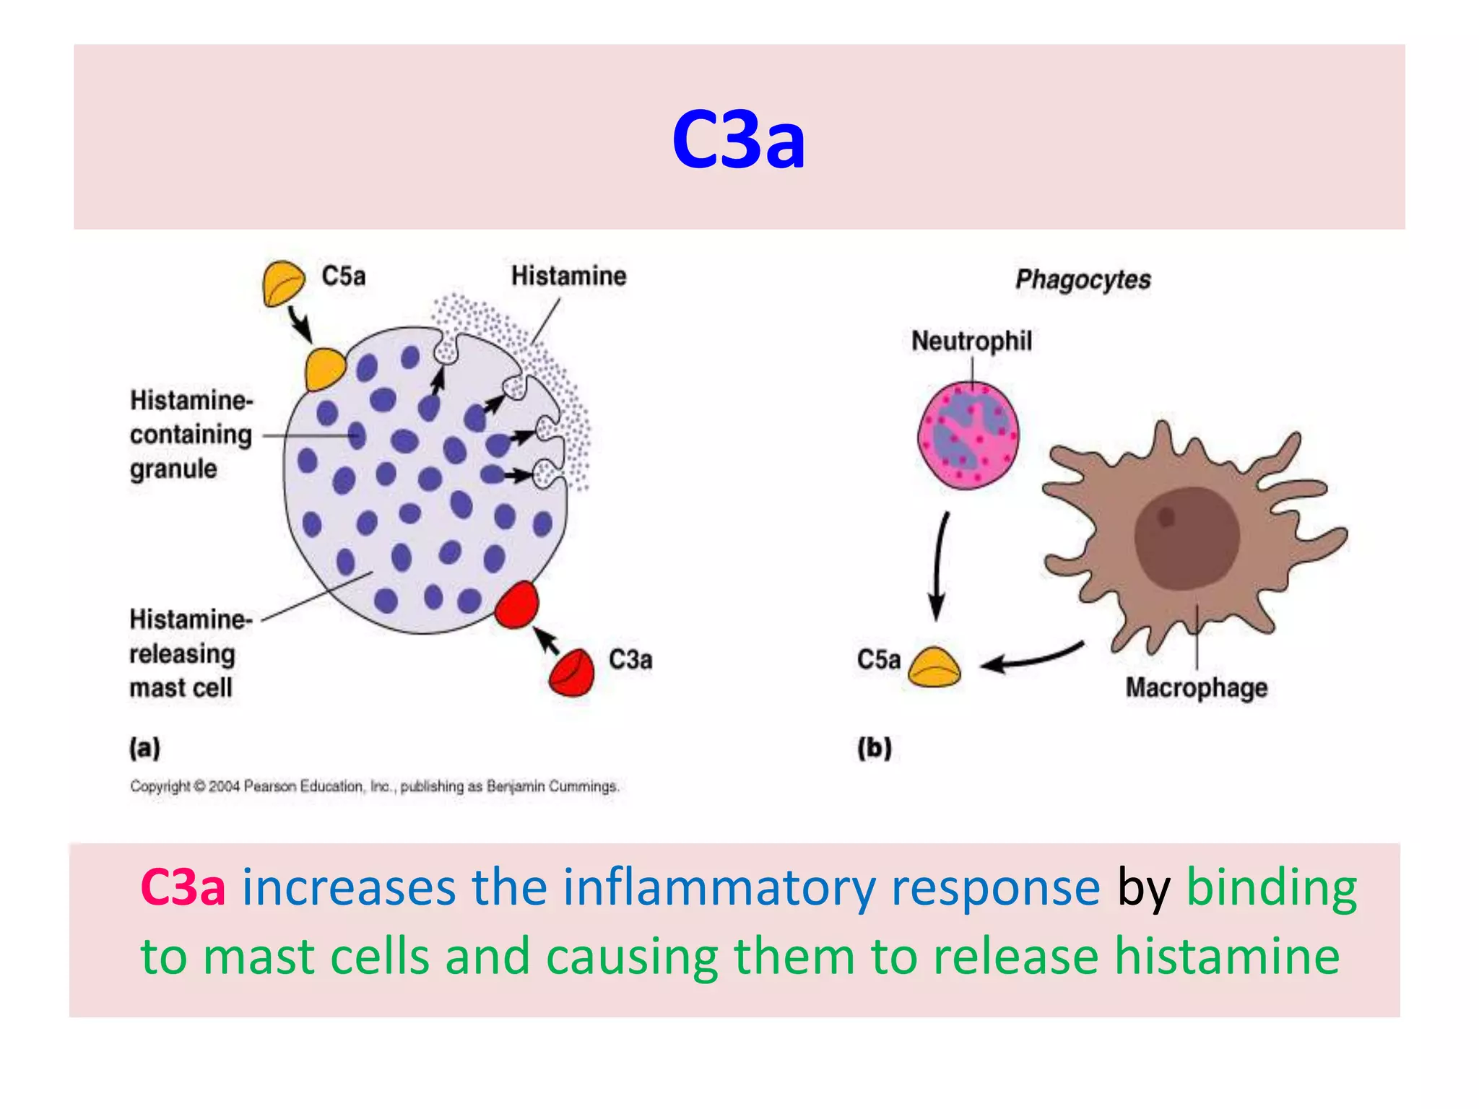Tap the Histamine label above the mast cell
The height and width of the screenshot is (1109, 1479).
coord(568,276)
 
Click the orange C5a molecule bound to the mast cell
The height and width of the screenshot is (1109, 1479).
coord(324,369)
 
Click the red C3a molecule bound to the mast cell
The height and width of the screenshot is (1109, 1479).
coord(518,605)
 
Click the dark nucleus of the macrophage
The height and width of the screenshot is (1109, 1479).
coord(1187,538)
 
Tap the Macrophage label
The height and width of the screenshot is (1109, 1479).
coord(1196,687)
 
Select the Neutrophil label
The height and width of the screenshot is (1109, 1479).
coord(971,341)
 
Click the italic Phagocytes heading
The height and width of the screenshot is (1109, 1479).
coord(1083,279)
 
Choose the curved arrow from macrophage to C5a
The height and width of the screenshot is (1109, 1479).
coord(1033,656)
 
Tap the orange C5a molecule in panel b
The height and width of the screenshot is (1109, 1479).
coord(934,667)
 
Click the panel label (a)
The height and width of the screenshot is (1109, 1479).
coord(144,747)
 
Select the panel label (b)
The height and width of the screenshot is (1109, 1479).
coord(875,747)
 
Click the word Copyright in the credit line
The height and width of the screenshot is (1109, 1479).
coord(160,786)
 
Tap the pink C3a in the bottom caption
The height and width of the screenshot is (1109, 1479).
coord(183,887)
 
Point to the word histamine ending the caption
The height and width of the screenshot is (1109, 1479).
coord(1227,956)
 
